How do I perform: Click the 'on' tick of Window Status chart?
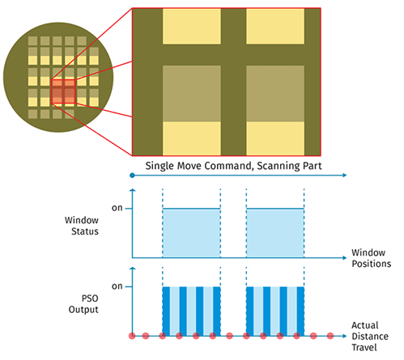pos(117,209)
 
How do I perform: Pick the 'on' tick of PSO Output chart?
pos(117,286)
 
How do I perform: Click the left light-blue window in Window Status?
pos(191,233)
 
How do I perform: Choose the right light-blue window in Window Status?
pos(275,233)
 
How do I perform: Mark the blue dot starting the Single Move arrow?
pos(131,175)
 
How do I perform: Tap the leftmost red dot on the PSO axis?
pos(131,335)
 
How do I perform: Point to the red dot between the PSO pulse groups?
pos(230,335)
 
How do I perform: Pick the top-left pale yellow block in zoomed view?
pos(191,25)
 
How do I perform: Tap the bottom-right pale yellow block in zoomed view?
pos(275,138)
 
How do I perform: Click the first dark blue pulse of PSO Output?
pos(167,311)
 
